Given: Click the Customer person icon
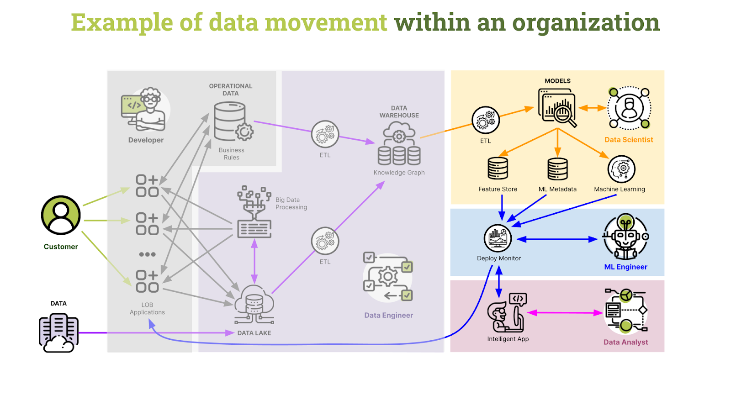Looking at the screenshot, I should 61,215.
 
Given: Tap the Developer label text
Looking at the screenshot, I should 146,140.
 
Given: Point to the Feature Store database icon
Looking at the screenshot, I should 498,169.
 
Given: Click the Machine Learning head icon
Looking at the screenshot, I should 621,169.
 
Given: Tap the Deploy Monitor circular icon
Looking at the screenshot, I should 498,238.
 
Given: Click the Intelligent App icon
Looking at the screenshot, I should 507,313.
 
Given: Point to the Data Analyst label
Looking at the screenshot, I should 625,342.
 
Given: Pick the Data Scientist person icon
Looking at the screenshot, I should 629,108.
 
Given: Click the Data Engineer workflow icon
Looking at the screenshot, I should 388,277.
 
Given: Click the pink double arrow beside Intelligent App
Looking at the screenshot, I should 565,313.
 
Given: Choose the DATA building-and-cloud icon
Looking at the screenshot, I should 58,332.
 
